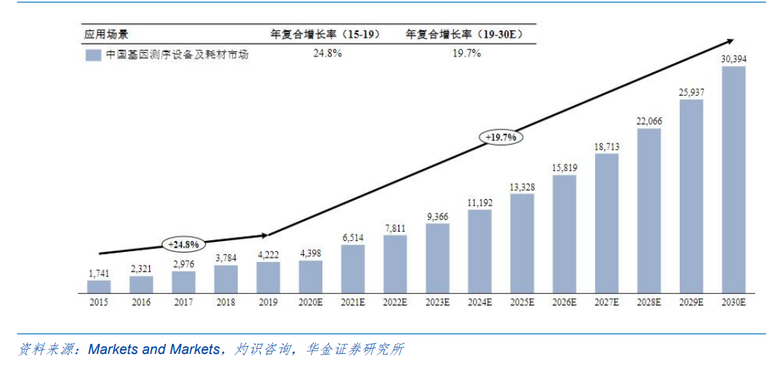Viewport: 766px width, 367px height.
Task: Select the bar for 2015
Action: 99,287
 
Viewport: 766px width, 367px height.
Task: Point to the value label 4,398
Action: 310,253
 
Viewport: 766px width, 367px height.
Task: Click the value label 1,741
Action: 99,273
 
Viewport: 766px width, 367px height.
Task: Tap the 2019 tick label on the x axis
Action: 267,303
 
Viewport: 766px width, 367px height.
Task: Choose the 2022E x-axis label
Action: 395,303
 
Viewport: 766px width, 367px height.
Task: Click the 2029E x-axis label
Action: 691,303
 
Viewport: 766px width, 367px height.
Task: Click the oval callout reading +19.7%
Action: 501,137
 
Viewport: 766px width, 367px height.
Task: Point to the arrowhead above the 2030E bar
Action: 730,42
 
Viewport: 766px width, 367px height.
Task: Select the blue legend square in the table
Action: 93,55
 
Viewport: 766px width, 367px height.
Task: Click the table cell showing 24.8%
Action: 327,54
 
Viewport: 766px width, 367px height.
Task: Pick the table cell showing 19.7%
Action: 466,54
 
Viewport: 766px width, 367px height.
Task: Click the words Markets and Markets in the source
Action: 153,350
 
